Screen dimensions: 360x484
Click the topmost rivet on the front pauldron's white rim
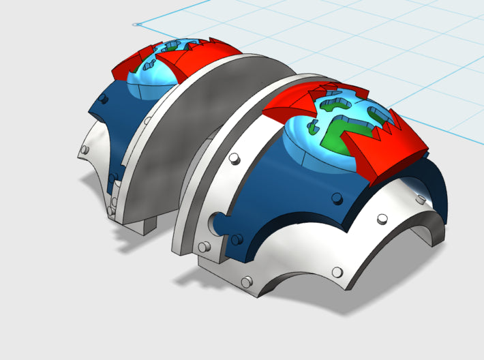(x=233, y=159)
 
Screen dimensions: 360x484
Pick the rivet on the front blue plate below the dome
(x=336, y=198)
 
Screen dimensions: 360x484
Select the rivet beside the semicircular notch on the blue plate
(x=238, y=238)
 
